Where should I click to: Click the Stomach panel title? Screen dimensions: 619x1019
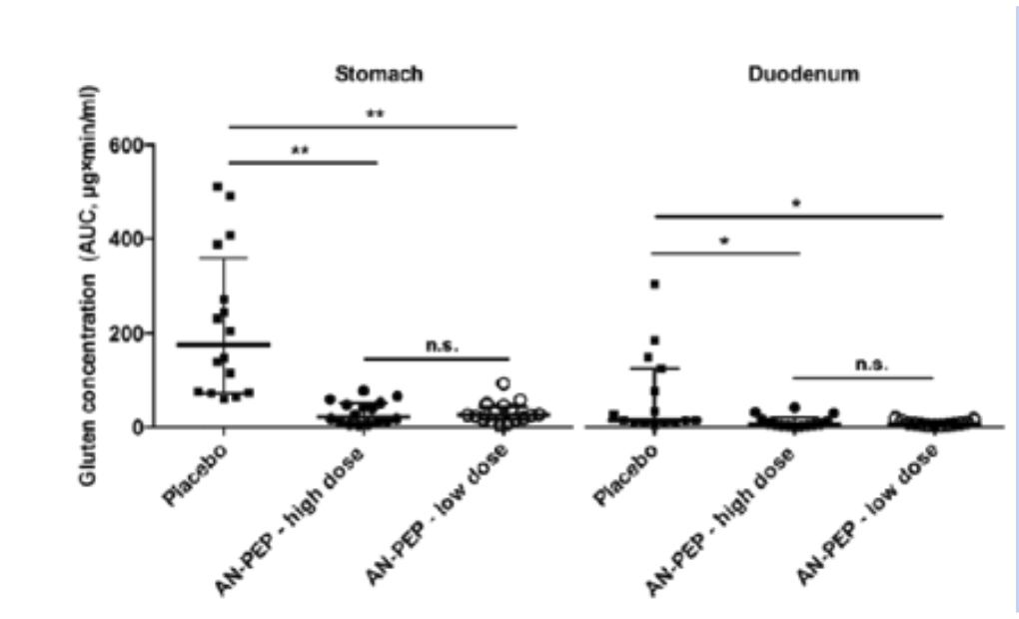379,73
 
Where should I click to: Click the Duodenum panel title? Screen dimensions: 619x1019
795,73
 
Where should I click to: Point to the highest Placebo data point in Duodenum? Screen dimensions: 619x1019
654,285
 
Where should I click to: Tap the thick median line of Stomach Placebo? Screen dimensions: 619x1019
224,344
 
